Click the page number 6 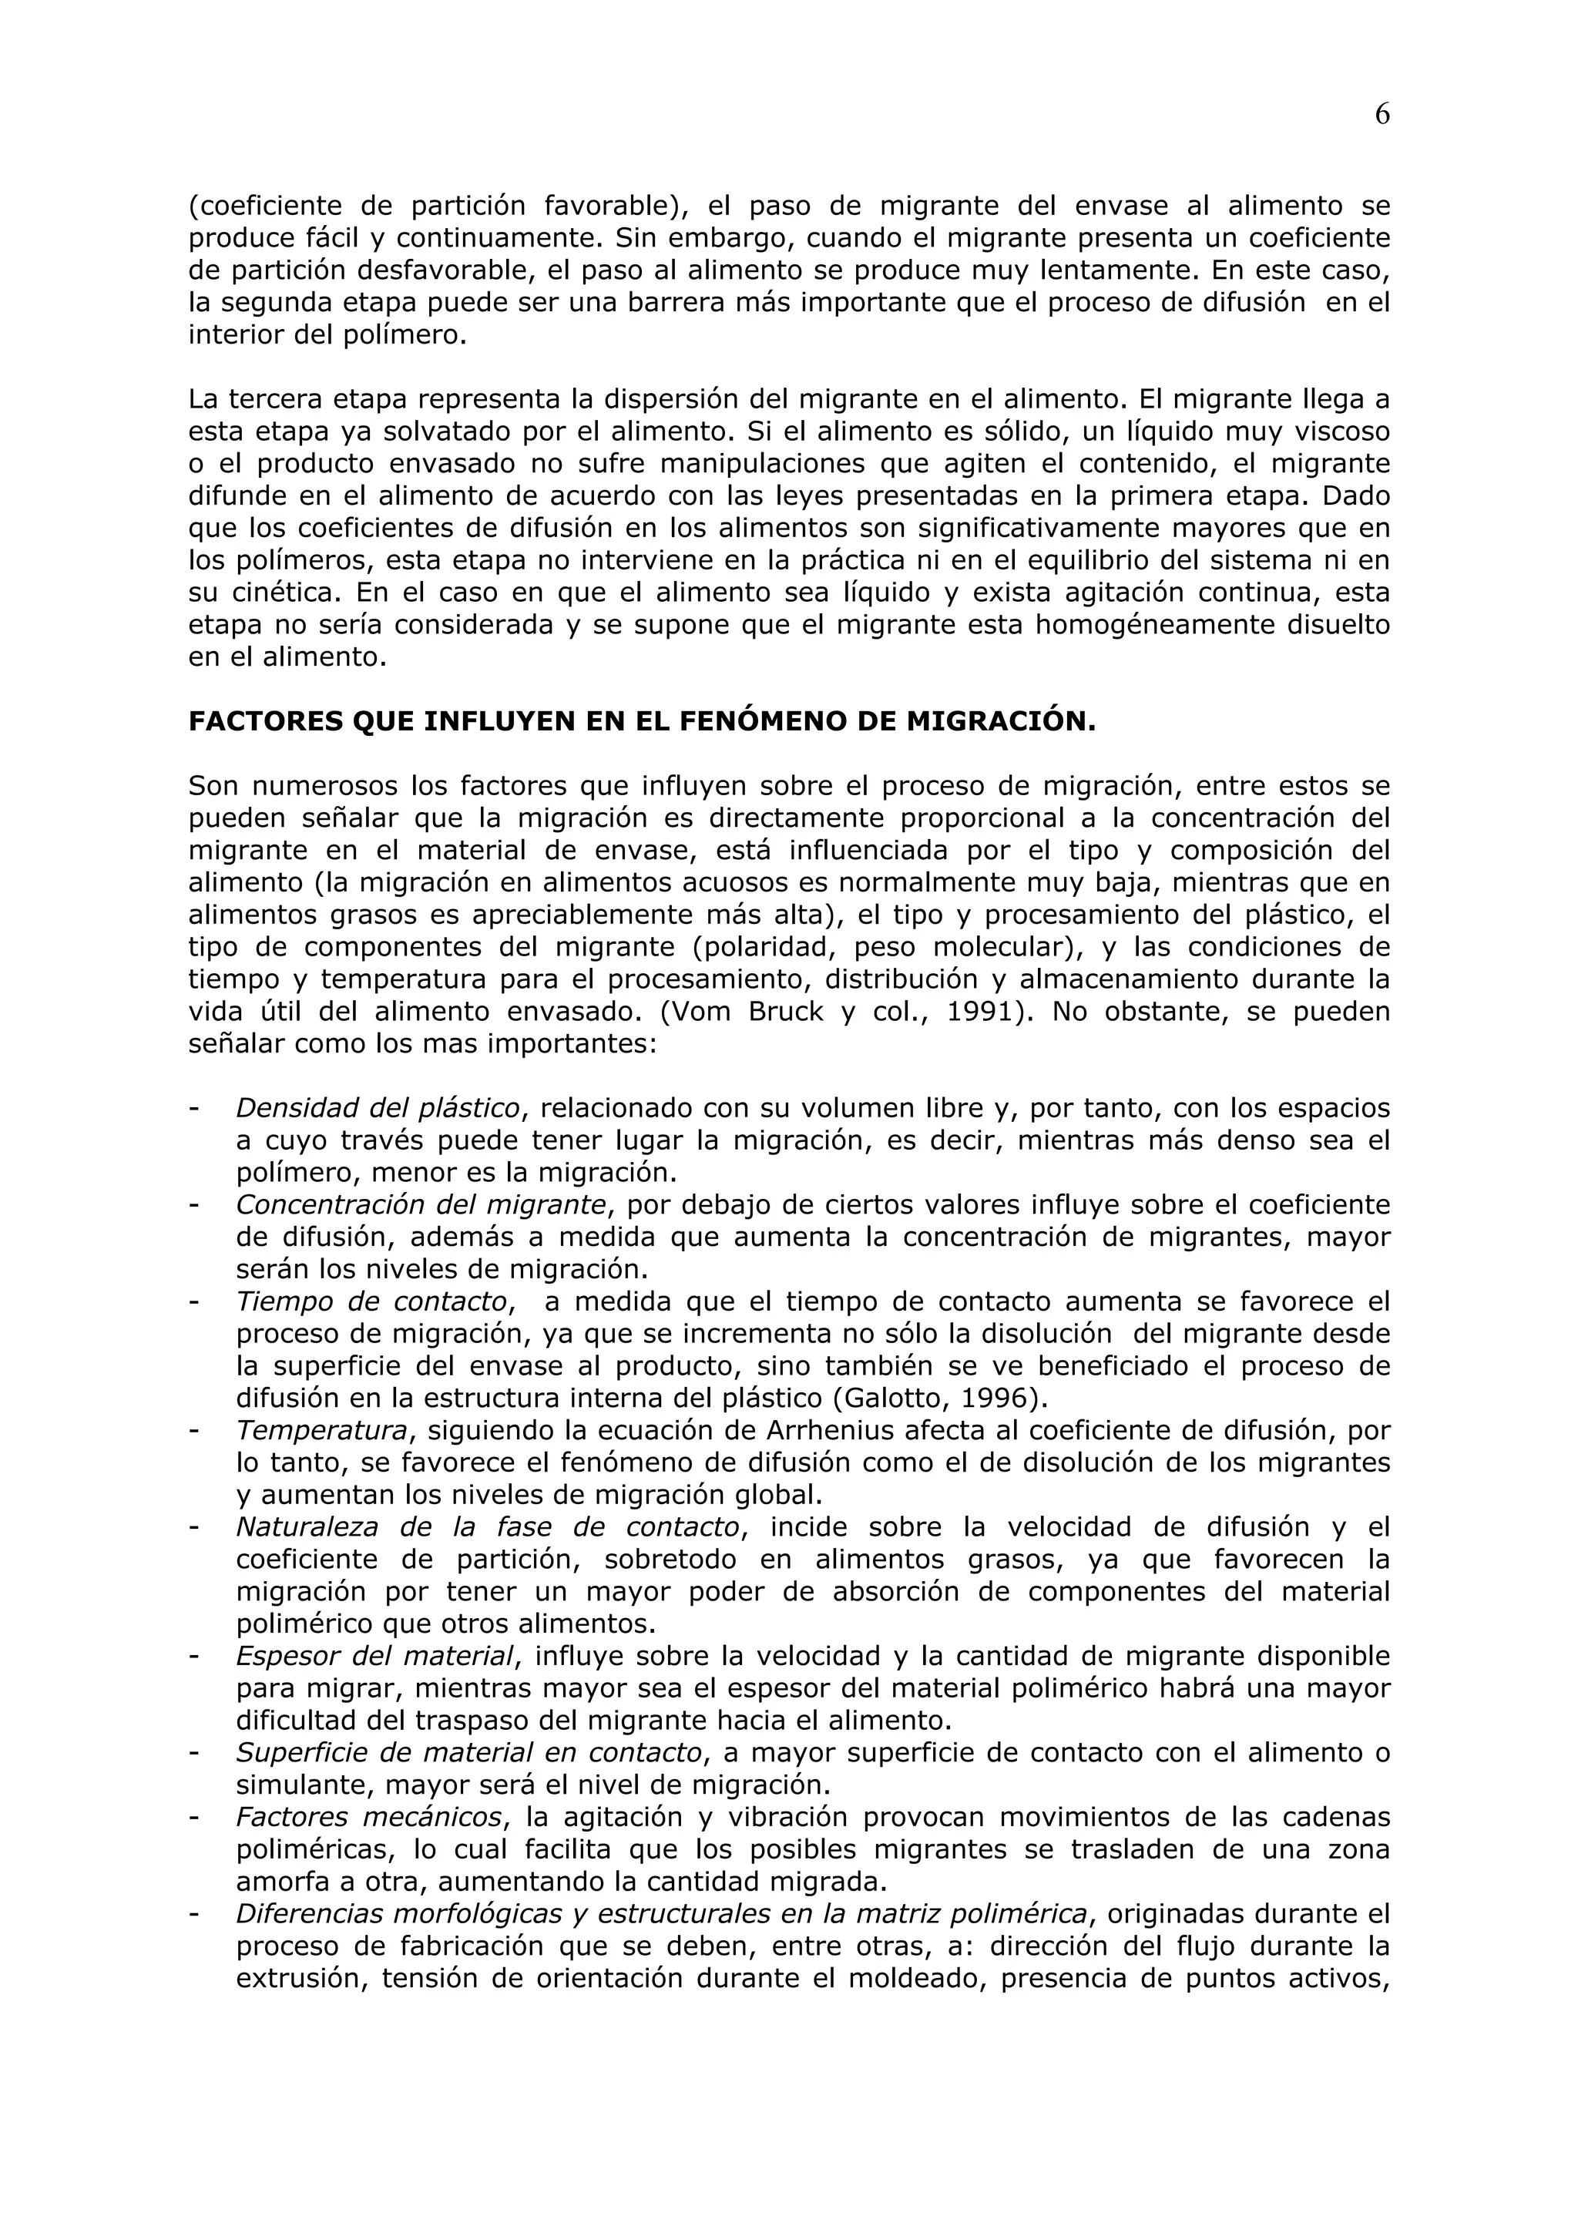[1382, 115]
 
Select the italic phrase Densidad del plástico [378, 1108]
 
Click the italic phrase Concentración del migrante [421, 1205]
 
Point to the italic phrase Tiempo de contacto [371, 1301]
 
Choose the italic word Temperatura [321, 1431]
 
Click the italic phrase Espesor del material [374, 1657]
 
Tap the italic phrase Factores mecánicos [370, 1817]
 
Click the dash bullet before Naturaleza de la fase [194, 1528]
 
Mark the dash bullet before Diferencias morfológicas [194, 1914]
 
